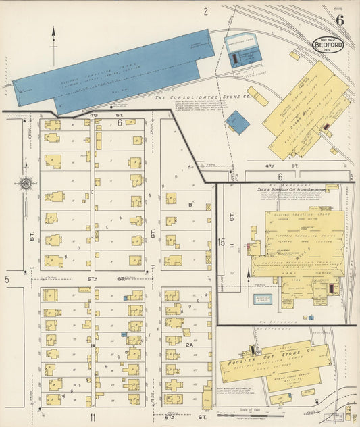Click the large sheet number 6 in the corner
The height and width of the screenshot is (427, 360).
tap(340, 19)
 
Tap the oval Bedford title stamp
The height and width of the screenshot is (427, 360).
tap(327, 44)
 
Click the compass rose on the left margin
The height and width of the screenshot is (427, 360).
tap(26, 182)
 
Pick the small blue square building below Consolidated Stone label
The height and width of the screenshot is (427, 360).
tap(237, 122)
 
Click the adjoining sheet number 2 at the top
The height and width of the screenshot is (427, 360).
tap(205, 11)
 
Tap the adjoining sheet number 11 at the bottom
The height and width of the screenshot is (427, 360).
tap(93, 417)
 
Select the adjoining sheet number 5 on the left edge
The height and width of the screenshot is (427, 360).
tap(7, 278)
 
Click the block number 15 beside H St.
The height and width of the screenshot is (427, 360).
tap(222, 241)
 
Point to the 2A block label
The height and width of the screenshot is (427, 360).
tap(190, 345)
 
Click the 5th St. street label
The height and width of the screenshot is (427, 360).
tap(93, 278)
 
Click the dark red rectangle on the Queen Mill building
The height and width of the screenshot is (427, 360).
tap(326, 126)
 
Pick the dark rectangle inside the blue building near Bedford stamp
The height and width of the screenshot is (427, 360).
tap(235, 59)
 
